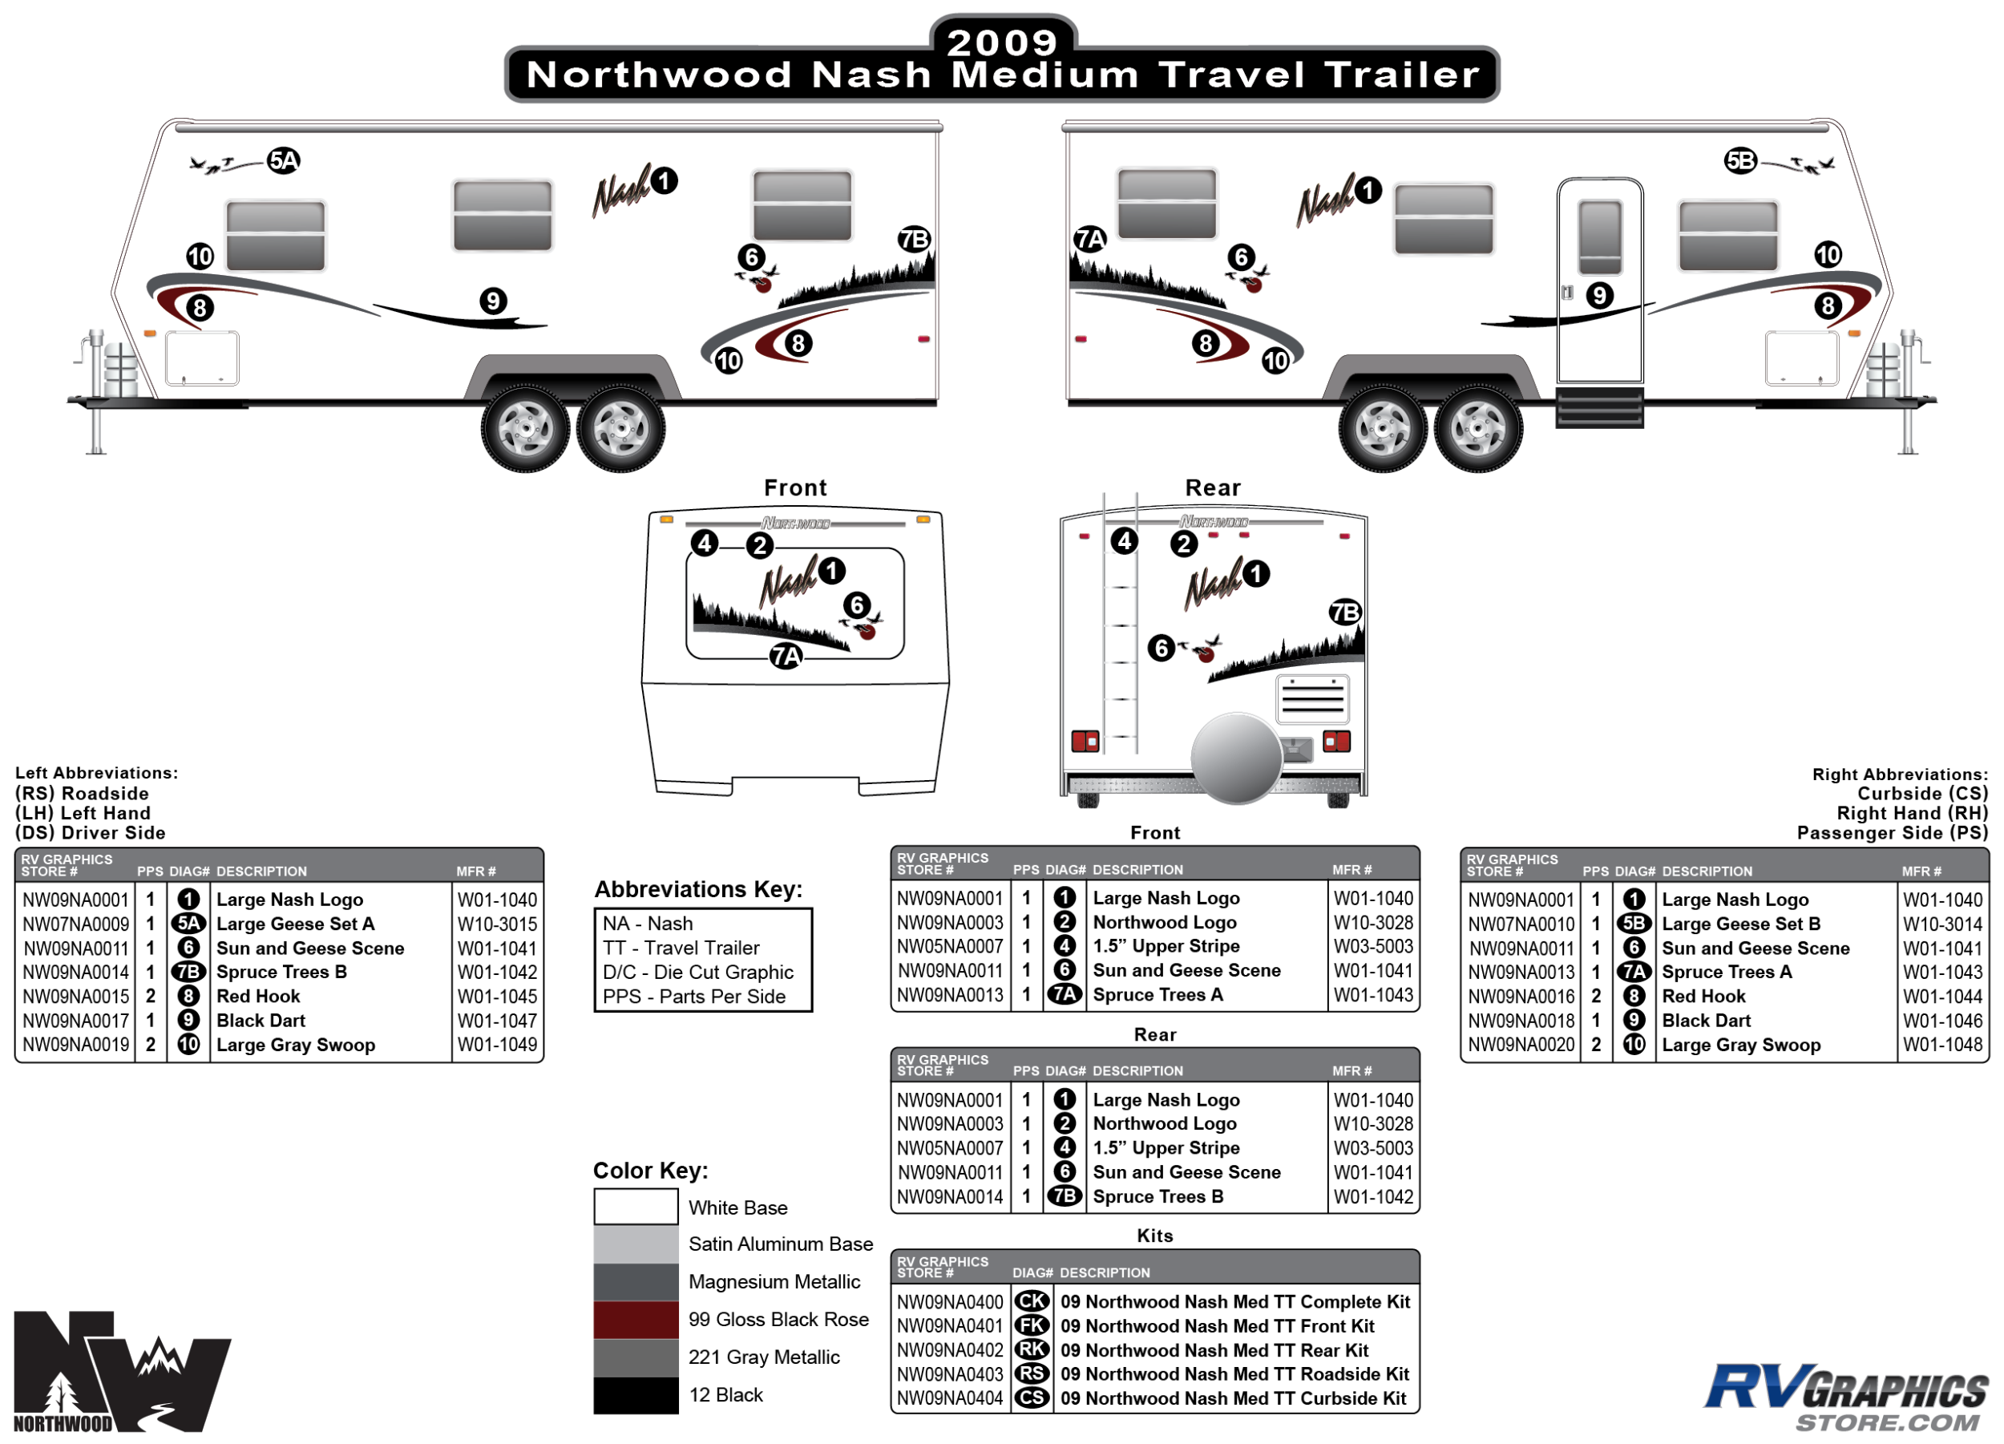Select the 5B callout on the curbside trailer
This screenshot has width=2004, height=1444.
[1739, 161]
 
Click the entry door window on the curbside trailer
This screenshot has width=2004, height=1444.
[1599, 237]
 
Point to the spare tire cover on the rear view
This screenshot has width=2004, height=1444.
[1235, 758]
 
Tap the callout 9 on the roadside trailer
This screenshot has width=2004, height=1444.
[493, 301]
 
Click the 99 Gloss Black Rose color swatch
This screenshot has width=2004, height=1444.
[636, 1320]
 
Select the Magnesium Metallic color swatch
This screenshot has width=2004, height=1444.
[636, 1281]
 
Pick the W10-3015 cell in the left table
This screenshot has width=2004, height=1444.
[496, 924]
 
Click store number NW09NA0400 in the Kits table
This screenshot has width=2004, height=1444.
[950, 1302]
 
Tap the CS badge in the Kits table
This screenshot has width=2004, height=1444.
[1031, 1398]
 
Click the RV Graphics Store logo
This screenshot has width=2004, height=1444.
[1847, 1396]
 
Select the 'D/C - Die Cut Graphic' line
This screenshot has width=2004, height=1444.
[698, 972]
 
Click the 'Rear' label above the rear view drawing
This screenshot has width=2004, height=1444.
[1212, 487]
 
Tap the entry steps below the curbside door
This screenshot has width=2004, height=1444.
[1599, 407]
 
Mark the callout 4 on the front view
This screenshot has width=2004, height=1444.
[705, 543]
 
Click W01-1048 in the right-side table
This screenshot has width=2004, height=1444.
[1942, 1045]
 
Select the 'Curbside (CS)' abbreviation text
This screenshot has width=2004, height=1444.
[1921, 794]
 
